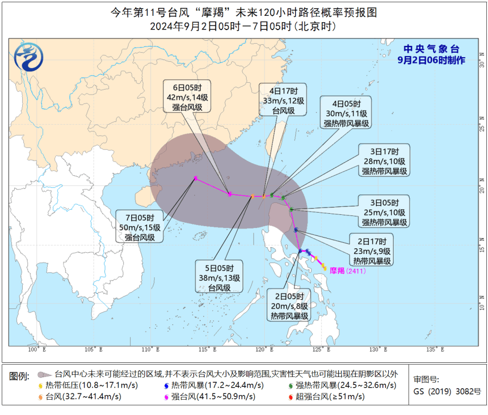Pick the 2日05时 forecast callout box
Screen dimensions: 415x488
289,306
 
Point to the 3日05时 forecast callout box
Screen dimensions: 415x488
382,211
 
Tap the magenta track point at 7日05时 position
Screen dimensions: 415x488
195,178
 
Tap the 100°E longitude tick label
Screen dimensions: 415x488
37,349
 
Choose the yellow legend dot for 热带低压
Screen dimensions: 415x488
40,386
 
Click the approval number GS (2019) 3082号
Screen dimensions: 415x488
447,391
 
